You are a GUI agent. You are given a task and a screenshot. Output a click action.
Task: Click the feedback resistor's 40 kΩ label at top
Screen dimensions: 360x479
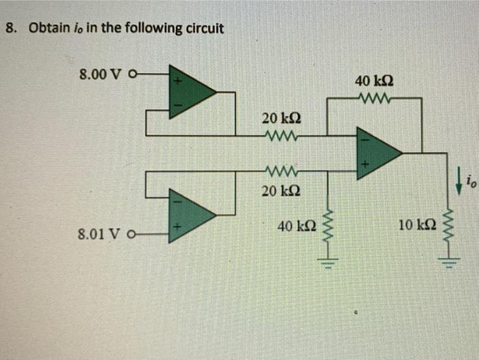(374, 81)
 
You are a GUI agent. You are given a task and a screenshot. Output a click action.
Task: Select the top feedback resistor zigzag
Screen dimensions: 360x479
(374, 99)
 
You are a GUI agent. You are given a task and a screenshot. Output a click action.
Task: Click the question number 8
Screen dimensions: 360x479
(10, 29)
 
